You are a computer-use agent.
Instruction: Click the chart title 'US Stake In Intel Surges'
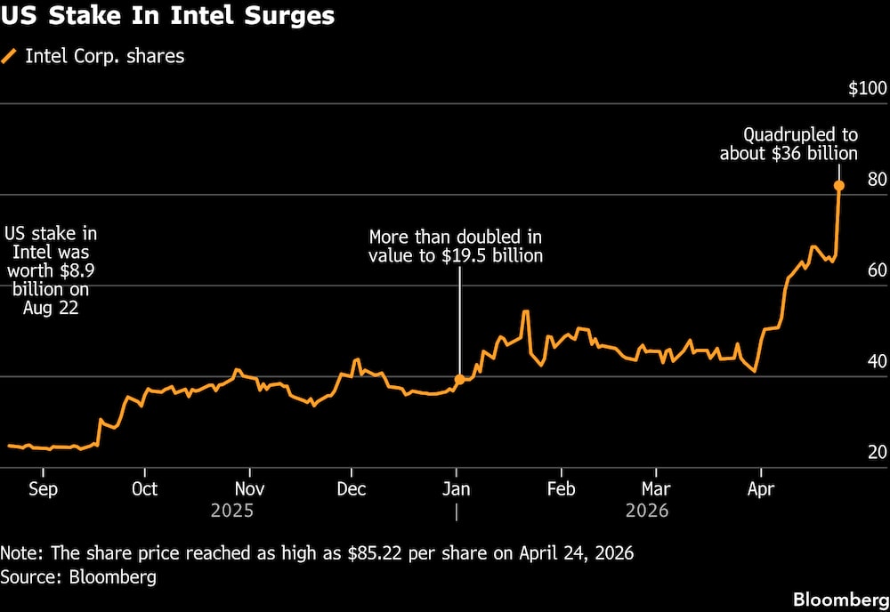click(169, 16)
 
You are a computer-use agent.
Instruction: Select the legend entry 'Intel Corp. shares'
click(104, 56)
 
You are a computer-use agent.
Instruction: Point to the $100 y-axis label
click(867, 89)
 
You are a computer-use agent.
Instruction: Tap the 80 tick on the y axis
click(877, 180)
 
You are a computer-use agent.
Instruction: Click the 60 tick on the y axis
click(877, 270)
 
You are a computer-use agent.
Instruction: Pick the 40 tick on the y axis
click(877, 361)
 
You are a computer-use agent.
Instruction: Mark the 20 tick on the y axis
click(877, 452)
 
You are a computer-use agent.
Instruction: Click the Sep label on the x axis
click(44, 489)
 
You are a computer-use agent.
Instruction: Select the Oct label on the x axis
click(144, 489)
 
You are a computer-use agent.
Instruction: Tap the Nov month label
click(249, 489)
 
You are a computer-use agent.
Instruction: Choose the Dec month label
click(352, 489)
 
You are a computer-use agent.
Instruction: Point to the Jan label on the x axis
click(457, 489)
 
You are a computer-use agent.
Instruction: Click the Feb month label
click(561, 489)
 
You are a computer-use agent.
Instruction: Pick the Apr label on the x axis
click(759, 489)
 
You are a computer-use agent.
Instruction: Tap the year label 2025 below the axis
click(232, 511)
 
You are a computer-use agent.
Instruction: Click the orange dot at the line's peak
click(838, 186)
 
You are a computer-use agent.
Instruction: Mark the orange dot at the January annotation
click(459, 379)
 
